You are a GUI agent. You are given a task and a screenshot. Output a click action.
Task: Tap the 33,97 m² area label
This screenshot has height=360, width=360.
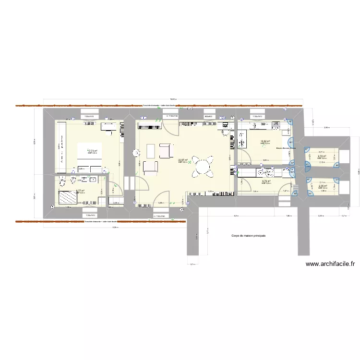click(x=182, y=161)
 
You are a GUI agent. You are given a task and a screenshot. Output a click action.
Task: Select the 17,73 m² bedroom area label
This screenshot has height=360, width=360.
click(x=92, y=151)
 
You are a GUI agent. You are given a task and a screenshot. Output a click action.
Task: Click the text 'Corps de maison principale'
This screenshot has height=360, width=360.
click(x=248, y=236)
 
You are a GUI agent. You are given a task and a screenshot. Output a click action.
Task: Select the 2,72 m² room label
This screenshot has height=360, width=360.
click(x=322, y=156)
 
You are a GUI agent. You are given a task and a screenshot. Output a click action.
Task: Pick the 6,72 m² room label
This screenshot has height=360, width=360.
click(x=266, y=181)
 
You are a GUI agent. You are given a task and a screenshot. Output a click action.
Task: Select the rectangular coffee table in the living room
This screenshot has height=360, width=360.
click(x=150, y=151)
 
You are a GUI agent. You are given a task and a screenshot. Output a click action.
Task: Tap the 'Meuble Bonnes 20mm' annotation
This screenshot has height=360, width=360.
click(x=286, y=148)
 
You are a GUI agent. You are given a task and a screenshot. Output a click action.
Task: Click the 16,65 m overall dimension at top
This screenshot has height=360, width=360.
click(x=173, y=100)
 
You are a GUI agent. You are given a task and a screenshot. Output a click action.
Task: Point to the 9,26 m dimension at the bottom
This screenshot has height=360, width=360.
click(x=115, y=228)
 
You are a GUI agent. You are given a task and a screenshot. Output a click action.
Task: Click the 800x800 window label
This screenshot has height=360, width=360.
click(x=208, y=116)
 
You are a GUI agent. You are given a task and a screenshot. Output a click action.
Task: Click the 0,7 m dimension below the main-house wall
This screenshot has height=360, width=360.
click(x=192, y=264)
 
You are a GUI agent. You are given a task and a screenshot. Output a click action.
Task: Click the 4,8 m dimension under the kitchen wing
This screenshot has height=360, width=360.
click(x=236, y=216)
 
